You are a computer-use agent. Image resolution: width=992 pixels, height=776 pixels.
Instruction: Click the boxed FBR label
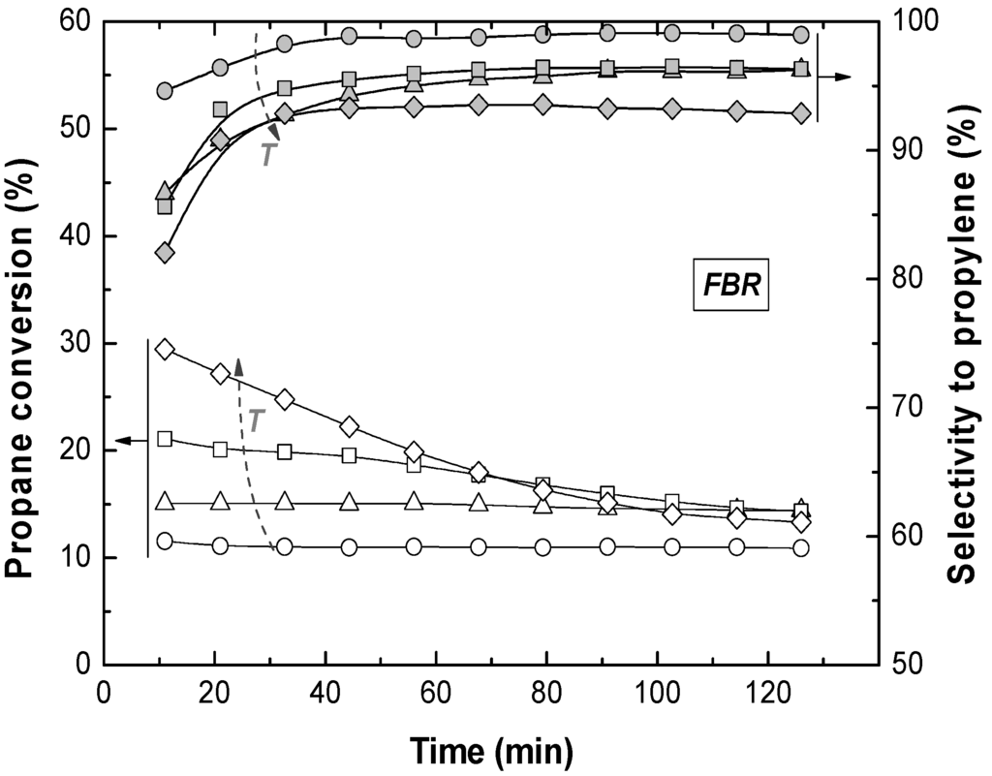(x=730, y=289)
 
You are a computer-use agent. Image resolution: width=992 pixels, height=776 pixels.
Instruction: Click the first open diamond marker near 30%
(x=165, y=350)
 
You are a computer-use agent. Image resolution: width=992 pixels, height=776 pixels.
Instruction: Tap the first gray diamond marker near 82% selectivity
(x=165, y=253)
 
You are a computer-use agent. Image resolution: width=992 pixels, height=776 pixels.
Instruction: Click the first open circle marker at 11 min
(x=165, y=541)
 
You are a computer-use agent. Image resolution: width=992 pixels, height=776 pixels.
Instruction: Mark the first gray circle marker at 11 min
(x=165, y=90)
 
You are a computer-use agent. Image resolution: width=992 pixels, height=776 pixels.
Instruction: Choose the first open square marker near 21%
(x=165, y=439)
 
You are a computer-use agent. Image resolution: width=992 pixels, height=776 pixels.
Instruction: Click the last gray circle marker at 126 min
(x=801, y=35)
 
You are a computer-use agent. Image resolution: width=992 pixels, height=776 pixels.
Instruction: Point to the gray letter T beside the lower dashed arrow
(x=257, y=420)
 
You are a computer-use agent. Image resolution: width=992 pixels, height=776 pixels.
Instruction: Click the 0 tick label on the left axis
(x=81, y=665)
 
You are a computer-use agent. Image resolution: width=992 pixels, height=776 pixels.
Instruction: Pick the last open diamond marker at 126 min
(x=801, y=522)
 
